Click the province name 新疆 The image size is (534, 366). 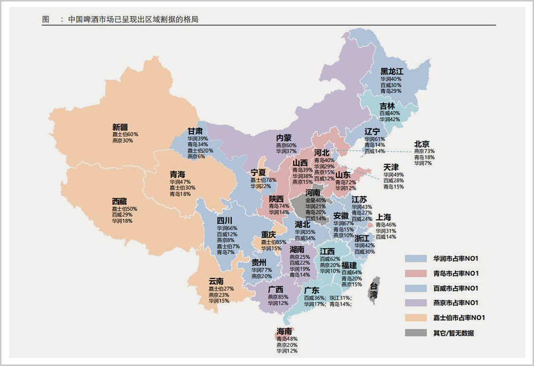coord(120,127)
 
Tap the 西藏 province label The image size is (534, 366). coord(119,201)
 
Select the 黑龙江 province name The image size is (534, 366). coord(391,72)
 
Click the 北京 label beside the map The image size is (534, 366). coord(422,144)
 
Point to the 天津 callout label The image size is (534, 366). coord(391,167)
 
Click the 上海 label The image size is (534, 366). coord(383,217)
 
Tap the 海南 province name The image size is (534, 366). coord(284,331)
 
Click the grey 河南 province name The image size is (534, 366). coord(313,193)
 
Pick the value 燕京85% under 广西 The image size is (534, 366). coord(278,297)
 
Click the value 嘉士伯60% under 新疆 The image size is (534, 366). coord(125,134)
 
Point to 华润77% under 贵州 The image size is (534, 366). coord(262,270)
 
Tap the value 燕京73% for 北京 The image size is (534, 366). coord(424,151)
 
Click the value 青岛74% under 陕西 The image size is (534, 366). coord(279,206)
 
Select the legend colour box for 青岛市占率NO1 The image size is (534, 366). coord(416,274)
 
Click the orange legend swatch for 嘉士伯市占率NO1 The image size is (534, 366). coord(416,318)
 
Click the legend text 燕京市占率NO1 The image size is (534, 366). coord(456,303)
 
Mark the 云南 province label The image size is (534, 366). coord(216,281)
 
